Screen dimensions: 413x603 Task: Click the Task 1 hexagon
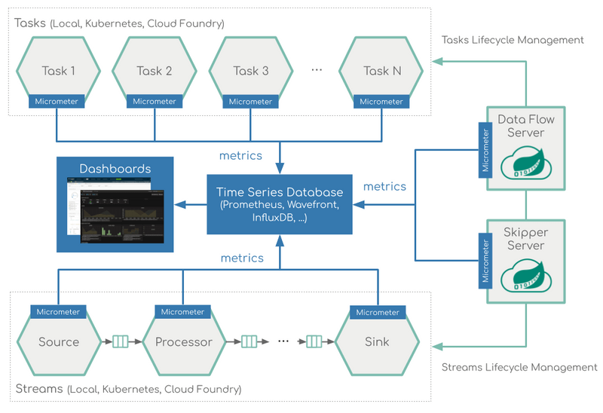coord(57,71)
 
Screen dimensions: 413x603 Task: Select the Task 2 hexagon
coord(155,71)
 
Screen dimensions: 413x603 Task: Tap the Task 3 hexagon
coord(251,71)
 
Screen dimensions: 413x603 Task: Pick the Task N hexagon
coord(381,71)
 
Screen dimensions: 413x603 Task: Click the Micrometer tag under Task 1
coord(57,102)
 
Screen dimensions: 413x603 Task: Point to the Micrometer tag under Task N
coord(381,102)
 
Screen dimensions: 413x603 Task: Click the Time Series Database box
coord(280,204)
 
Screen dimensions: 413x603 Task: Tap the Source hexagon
coord(59,341)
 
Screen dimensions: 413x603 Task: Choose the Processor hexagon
coord(183,341)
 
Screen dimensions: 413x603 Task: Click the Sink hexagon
coord(377,341)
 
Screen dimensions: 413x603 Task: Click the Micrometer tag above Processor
coord(183,312)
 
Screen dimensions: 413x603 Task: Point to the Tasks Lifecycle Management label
coord(513,39)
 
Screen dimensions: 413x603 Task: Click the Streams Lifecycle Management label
coord(519,367)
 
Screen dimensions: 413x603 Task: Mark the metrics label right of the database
coord(384,186)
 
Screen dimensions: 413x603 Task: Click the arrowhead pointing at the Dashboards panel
coord(180,204)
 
